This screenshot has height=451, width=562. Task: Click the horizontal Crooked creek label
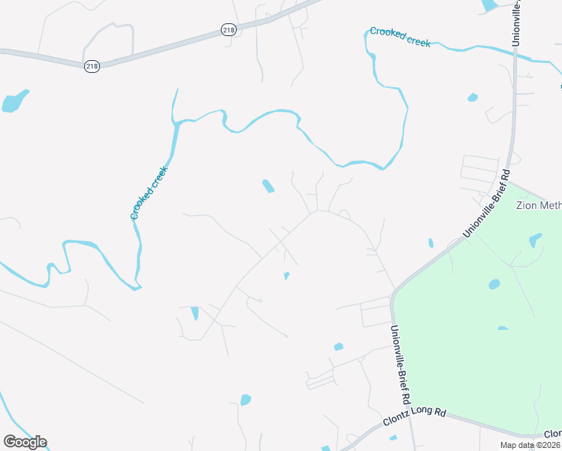click(400, 38)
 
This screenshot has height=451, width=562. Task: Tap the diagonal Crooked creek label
click(149, 192)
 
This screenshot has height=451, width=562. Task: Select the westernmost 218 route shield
click(92, 66)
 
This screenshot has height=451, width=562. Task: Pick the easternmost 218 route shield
click(228, 29)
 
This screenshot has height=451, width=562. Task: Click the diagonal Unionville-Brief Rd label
click(486, 204)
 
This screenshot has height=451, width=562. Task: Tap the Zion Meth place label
click(538, 204)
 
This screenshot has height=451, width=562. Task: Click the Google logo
click(25, 442)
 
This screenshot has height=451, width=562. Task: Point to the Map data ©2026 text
click(529, 445)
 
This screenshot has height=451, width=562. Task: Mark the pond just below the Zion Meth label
click(535, 240)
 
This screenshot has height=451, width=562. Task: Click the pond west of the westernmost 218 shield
click(14, 101)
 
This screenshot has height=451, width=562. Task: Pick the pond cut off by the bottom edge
click(326, 449)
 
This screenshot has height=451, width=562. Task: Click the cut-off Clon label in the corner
click(552, 434)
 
